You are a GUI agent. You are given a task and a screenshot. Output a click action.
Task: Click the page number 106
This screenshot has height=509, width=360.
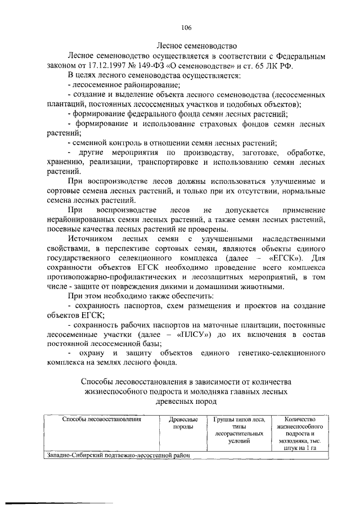(x=187, y=28)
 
